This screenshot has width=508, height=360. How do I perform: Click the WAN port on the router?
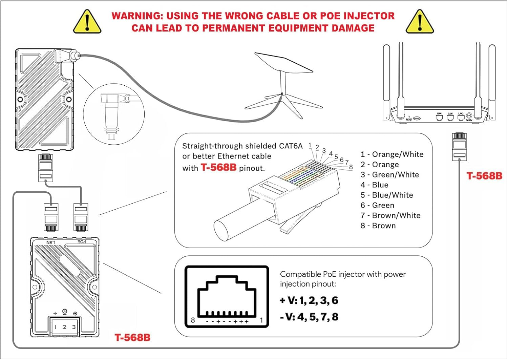coord(439,118)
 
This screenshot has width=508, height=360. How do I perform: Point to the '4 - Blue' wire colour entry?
coord(374,185)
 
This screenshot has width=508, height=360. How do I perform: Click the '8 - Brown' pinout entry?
coord(378,226)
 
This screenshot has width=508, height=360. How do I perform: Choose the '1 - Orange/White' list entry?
coord(392,154)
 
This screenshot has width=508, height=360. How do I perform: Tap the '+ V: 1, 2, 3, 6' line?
coord(309,300)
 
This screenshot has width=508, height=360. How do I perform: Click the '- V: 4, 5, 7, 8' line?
coord(309,317)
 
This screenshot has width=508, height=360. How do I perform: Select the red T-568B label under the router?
coord(484,176)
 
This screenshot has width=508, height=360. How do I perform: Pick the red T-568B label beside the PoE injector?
coord(132,338)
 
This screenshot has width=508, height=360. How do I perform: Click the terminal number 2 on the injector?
coord(64,327)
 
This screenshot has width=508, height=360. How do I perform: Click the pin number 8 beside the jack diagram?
coord(193,320)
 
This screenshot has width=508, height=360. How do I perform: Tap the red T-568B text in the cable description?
coord(218,167)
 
